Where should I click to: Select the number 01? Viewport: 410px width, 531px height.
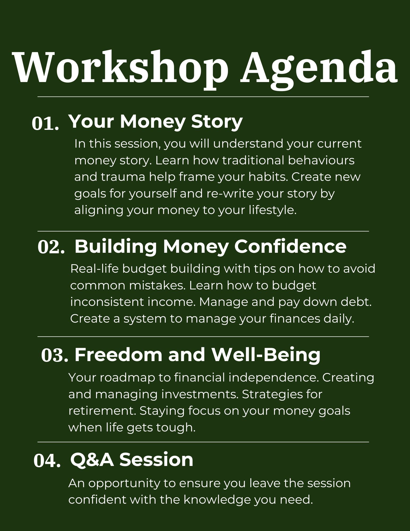click(x=45, y=123)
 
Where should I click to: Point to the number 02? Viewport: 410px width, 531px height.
click(x=51, y=247)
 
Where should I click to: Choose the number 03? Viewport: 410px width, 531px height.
click(x=55, y=356)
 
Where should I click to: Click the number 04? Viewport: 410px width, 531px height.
click(x=47, y=461)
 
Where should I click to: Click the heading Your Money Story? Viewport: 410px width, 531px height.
click(x=156, y=122)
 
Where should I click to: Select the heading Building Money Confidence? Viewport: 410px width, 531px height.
click(x=210, y=247)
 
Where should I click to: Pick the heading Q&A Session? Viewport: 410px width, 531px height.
click(x=132, y=460)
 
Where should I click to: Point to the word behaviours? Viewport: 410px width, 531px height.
click(x=321, y=160)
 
